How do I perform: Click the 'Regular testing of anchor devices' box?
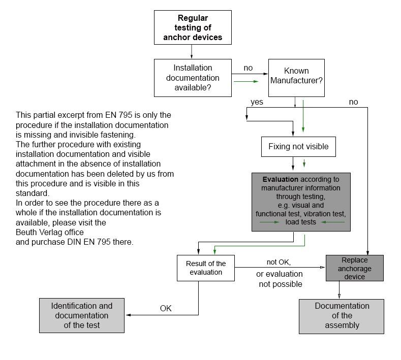pos(193,27)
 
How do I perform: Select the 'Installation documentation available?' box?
pos(193,78)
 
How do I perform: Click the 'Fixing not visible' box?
pos(298,147)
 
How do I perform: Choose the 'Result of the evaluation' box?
pos(206,268)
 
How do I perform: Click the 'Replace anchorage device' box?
pos(354,268)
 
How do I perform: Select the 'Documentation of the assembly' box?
pos(342,316)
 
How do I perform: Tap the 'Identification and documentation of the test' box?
pos(82,315)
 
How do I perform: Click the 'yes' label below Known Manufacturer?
pos(257,102)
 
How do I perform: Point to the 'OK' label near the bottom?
pos(166,308)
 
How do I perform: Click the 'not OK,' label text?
pos(279,263)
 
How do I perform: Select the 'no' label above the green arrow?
pos(248,68)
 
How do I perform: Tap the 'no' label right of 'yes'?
pos(353,102)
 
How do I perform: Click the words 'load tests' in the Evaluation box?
pos(301,222)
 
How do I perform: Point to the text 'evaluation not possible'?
pos(279,279)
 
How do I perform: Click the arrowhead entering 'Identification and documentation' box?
pos(128,315)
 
